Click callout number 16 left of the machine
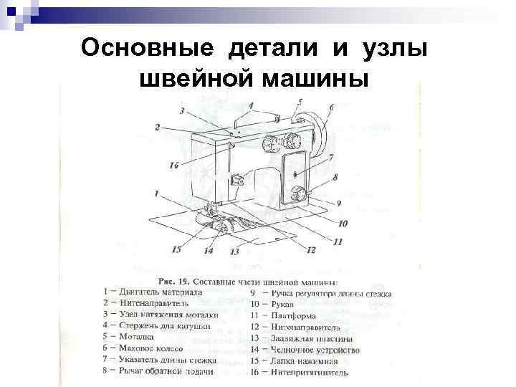coord(174,166)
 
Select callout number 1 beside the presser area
coord(156,193)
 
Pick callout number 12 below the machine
coord(310,250)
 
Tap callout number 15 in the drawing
coord(176,250)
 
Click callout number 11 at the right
coord(338,242)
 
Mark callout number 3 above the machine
coord(182,110)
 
